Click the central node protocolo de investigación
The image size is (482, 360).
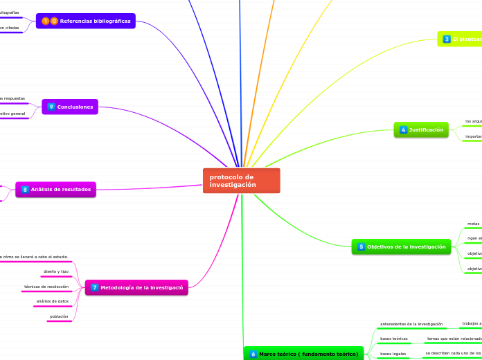tap(241, 181)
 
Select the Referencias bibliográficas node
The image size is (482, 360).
tap(86, 21)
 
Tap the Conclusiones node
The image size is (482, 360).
tap(70, 107)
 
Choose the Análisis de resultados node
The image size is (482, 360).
tap(55, 189)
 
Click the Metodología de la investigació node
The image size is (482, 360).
tap(136, 287)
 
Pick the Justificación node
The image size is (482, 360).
tap(421, 129)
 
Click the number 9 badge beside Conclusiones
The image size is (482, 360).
tap(51, 107)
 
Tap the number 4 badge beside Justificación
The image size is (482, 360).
tap(403, 129)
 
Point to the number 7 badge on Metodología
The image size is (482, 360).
tap(94, 287)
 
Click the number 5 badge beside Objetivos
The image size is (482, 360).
tap(361, 246)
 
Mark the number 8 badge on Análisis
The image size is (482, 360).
tap(25, 189)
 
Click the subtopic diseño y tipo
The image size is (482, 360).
tap(56, 271)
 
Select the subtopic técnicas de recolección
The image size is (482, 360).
tap(46, 287)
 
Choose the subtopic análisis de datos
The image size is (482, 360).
tap(53, 301)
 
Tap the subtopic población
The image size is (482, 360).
tap(59, 316)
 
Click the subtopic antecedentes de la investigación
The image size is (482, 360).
tap(411, 324)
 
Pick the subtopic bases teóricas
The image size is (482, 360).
tap(394, 339)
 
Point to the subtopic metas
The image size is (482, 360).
tap(474, 224)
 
